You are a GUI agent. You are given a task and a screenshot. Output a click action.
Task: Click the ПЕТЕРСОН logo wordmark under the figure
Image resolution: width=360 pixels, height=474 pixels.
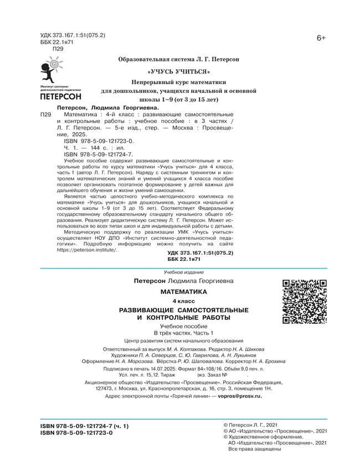click(x=61, y=96)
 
